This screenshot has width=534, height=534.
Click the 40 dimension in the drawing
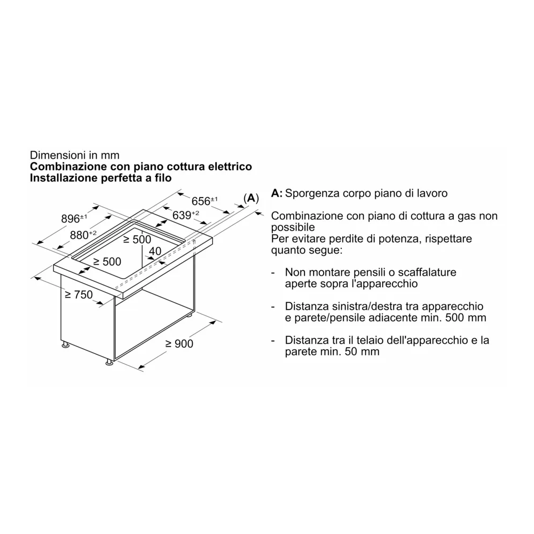(x=155, y=251)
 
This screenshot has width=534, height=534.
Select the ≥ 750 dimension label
(x=78, y=294)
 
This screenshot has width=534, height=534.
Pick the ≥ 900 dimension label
(x=179, y=344)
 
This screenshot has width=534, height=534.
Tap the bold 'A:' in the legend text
(x=277, y=193)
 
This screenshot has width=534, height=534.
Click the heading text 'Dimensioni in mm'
(x=75, y=155)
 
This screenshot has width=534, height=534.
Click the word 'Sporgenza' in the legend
(x=310, y=193)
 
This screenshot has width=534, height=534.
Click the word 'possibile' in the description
(x=292, y=227)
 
